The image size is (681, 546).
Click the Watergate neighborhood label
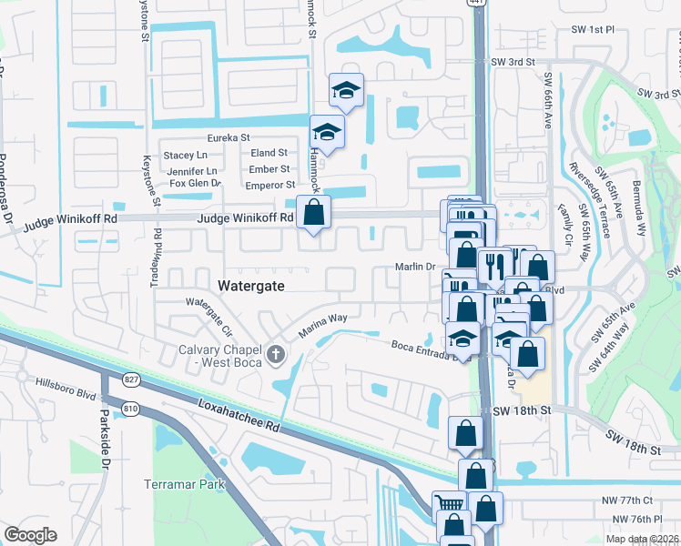251,286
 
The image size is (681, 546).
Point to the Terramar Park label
184,484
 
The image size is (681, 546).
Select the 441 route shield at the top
478,4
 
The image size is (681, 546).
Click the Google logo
30,535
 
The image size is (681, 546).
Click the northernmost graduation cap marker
346,90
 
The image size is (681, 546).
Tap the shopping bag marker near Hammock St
313,213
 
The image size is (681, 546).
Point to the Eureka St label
228,137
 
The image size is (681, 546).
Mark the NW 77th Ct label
629,500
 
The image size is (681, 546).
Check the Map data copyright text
641,539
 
